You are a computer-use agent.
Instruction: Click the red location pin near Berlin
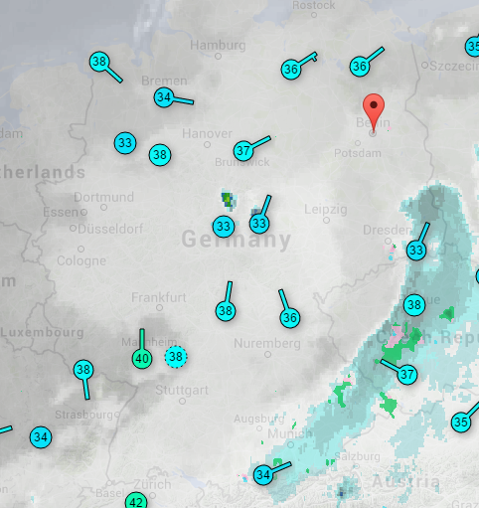374,110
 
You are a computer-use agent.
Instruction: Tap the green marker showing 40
142,358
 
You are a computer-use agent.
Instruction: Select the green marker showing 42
136,501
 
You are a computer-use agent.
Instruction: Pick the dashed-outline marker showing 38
176,356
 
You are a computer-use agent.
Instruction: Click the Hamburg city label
218,46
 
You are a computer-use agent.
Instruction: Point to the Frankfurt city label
160,297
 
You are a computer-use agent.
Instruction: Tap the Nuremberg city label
267,343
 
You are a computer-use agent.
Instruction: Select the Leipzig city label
327,210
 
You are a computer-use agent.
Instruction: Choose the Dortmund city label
103,197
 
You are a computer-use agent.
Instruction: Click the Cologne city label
81,260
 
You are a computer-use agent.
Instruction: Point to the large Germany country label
237,240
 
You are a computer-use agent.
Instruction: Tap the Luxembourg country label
42,331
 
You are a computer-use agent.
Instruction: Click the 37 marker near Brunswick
243,151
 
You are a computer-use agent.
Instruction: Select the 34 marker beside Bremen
165,97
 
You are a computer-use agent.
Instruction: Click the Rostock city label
314,5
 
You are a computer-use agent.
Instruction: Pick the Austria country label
404,482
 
